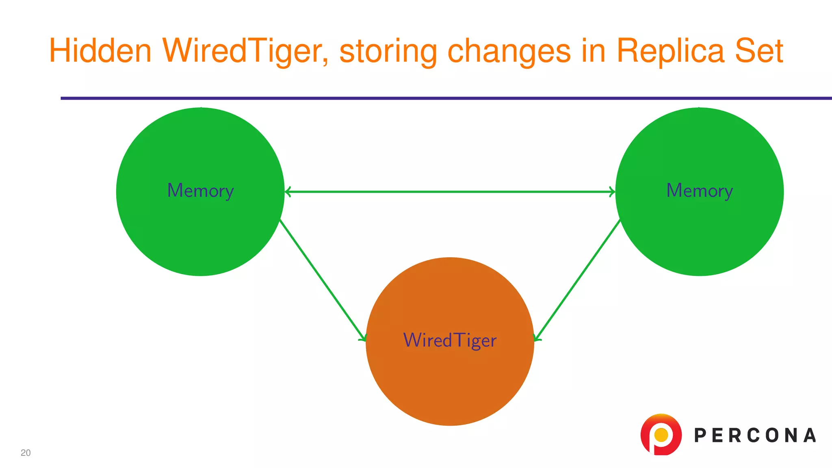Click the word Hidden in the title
pos(100,51)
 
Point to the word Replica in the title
pos(670,51)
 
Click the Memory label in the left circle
pos(200,191)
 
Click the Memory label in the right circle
pos(700,191)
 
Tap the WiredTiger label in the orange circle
pos(450,340)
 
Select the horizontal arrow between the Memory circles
pos(450,192)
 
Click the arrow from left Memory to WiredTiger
pos(323,280)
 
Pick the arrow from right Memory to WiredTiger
pos(577,280)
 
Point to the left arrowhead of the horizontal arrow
pos(288,192)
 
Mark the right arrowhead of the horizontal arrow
pos(612,192)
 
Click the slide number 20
pos(26,453)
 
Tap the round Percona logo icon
pos(661,434)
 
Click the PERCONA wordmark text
pos(755,435)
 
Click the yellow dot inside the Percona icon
pos(661,435)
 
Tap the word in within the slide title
pos(594,51)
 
